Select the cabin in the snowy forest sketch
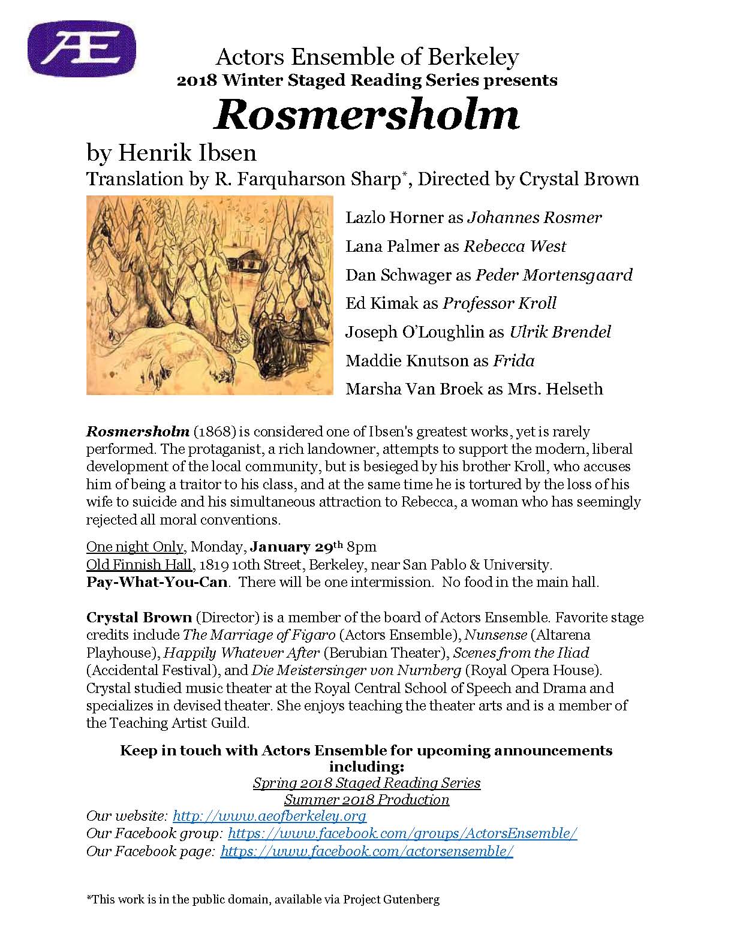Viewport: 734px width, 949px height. (247, 261)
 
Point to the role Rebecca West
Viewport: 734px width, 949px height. (515, 246)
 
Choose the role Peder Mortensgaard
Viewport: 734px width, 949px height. (553, 275)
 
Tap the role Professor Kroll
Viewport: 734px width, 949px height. (500, 303)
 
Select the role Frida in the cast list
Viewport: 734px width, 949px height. (513, 361)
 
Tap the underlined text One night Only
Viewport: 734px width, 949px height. (135, 547)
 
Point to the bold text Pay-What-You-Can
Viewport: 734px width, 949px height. (157, 582)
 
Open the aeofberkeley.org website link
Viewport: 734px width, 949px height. (269, 817)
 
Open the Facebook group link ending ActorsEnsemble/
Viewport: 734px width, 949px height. (402, 834)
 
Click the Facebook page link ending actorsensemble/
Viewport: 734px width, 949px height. (366, 851)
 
